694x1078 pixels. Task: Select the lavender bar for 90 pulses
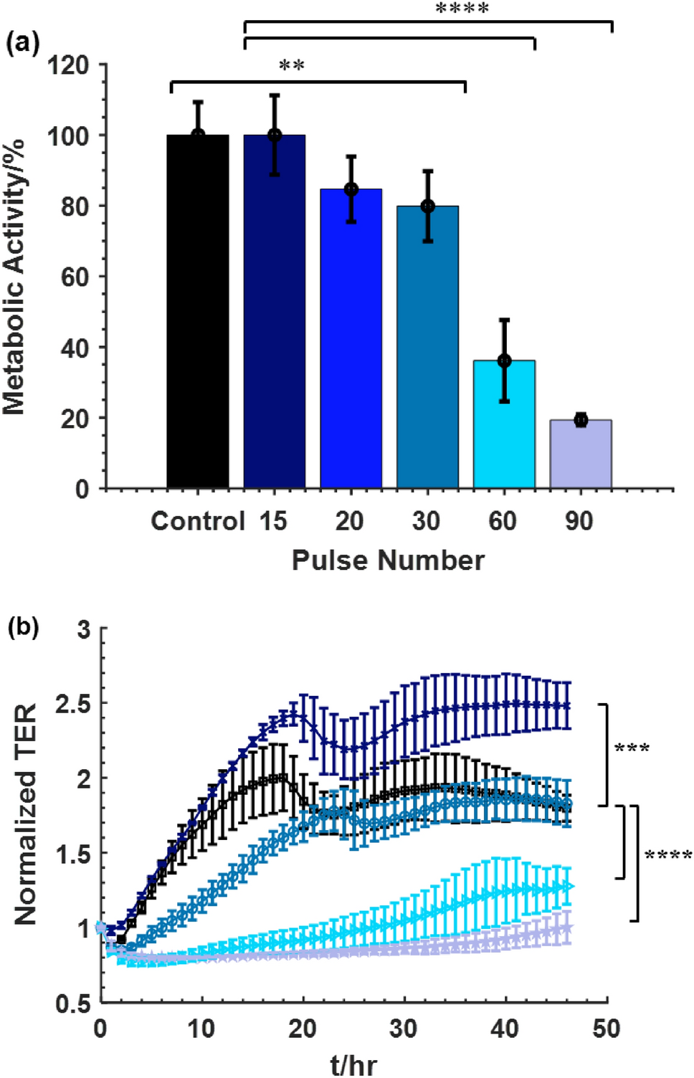tap(581, 454)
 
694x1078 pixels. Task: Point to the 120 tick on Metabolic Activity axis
tap(68, 66)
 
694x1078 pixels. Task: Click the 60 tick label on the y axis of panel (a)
tap(75, 277)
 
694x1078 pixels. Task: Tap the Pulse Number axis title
tap(388, 561)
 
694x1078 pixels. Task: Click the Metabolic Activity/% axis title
tap(14, 277)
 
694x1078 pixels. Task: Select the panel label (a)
tap(22, 44)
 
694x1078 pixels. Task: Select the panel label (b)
tap(23, 627)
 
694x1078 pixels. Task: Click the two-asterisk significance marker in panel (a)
tap(292, 66)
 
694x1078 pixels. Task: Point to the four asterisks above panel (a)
tap(462, 9)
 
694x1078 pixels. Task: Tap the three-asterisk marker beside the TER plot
tap(632, 749)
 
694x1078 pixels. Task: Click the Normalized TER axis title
tap(26, 814)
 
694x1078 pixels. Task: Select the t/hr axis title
tap(353, 1064)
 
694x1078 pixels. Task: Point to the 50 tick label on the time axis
tap(606, 1029)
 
